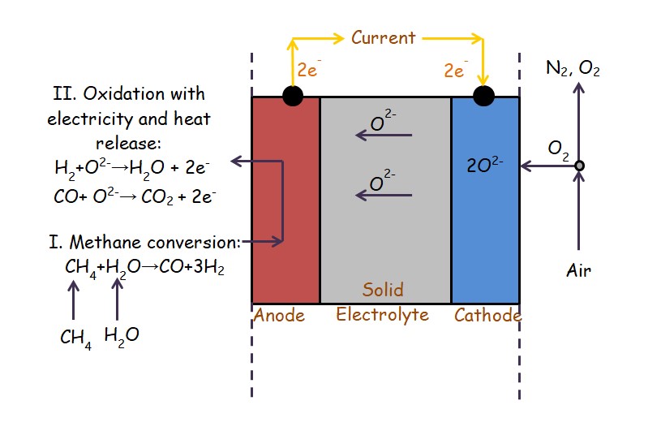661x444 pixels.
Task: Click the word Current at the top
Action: point(383,37)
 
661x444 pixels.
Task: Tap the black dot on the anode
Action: point(293,96)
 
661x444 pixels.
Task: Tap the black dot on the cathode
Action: point(483,96)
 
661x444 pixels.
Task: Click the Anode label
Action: point(279,315)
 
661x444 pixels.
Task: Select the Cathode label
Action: point(487,315)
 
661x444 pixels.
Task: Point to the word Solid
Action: point(383,290)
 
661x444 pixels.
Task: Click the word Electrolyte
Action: point(383,314)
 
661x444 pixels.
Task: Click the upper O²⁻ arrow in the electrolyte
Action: point(384,135)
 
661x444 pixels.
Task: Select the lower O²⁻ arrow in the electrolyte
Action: point(384,195)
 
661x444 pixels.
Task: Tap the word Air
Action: point(578,271)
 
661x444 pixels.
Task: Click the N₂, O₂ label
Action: point(573,71)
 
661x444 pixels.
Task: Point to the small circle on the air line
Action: point(579,166)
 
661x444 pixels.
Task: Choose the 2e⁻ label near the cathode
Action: point(456,71)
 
